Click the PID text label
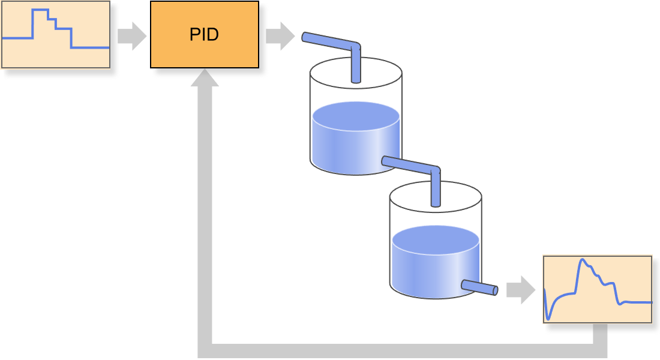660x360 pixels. tap(204, 35)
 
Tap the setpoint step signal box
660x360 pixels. tap(56, 34)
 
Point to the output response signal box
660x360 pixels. tap(598, 289)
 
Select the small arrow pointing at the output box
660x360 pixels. tap(521, 290)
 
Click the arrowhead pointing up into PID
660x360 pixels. tap(205, 78)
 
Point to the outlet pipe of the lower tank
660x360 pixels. tap(479, 287)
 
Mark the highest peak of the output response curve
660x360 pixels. tap(582, 260)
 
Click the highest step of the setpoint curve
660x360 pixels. tap(40, 10)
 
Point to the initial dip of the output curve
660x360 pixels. tap(548, 319)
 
